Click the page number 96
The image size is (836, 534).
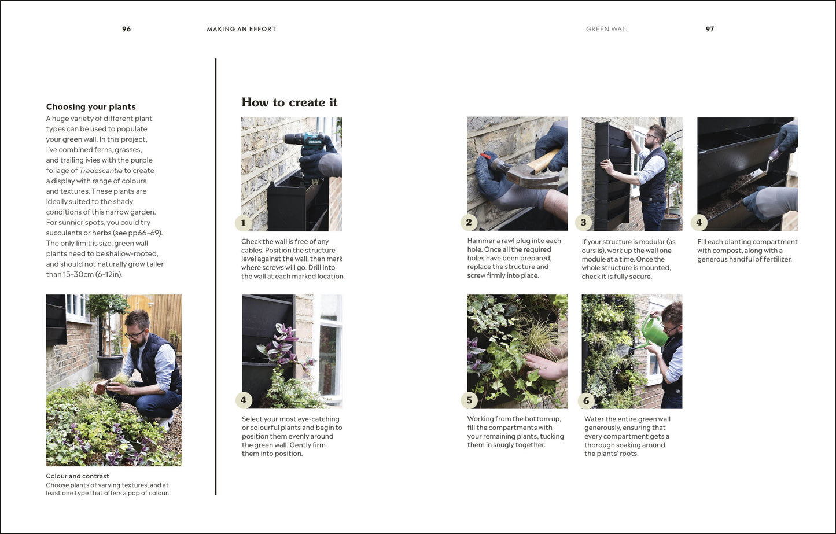(x=126, y=29)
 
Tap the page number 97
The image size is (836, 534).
(x=709, y=29)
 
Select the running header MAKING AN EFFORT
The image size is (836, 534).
(x=241, y=29)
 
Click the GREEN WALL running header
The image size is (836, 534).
(x=607, y=29)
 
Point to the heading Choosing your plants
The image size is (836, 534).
(x=91, y=107)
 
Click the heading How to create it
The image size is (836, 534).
(x=289, y=102)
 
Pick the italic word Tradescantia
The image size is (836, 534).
(x=101, y=171)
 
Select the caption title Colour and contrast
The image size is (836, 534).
(x=78, y=476)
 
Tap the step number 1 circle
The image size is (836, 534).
(x=244, y=223)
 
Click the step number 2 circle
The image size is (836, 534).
(x=469, y=222)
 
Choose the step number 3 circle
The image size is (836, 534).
(x=584, y=222)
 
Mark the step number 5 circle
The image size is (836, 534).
(x=469, y=400)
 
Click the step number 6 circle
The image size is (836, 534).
(x=586, y=400)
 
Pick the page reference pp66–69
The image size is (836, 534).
(x=145, y=233)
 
